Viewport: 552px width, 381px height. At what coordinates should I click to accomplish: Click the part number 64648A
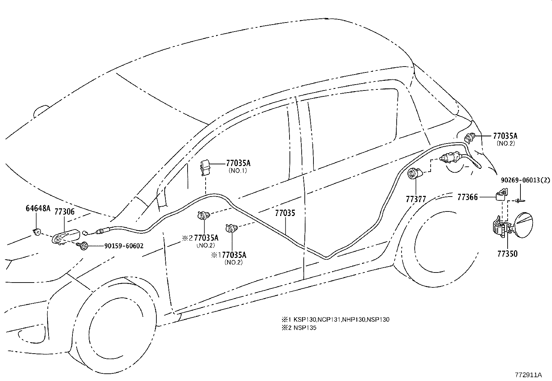pyautogui.click(x=38, y=208)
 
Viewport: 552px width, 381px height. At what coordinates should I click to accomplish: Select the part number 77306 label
pyautogui.click(x=64, y=212)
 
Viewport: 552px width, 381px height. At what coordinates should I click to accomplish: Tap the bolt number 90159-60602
pyautogui.click(x=123, y=246)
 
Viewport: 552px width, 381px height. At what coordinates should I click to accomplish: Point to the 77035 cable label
pyautogui.click(x=285, y=213)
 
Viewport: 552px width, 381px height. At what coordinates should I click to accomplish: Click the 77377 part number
pyautogui.click(x=416, y=199)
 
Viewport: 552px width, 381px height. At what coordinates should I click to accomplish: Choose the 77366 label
pyautogui.click(x=467, y=197)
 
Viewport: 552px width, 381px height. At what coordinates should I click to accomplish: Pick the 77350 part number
pyautogui.click(x=507, y=254)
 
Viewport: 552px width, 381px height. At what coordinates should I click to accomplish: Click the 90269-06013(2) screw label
pyautogui.click(x=525, y=181)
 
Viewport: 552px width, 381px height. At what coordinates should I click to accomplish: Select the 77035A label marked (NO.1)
pyautogui.click(x=238, y=163)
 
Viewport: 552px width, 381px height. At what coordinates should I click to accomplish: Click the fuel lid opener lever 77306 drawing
pyautogui.click(x=65, y=237)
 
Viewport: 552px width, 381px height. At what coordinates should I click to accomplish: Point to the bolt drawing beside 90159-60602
pyautogui.click(x=83, y=246)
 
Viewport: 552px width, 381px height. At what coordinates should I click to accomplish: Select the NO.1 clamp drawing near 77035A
pyautogui.click(x=206, y=168)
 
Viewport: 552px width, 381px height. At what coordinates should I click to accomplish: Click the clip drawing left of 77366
pyautogui.click(x=500, y=195)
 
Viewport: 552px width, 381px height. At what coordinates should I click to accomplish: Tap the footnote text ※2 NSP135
pyautogui.click(x=299, y=328)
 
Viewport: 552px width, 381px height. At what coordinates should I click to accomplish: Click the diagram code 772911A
pyautogui.click(x=528, y=375)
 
